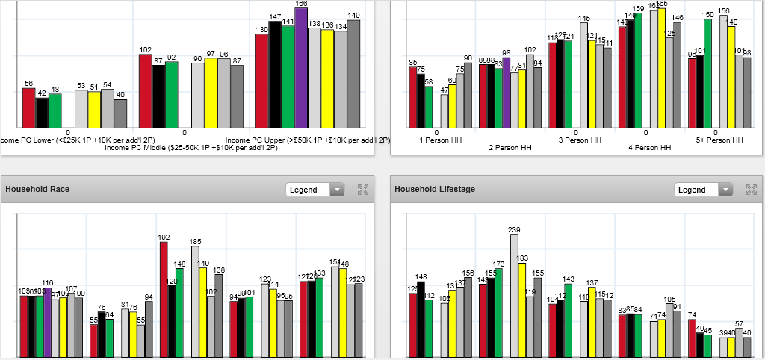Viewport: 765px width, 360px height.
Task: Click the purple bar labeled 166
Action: pos(301,67)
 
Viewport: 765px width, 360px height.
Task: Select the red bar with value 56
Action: pos(29,108)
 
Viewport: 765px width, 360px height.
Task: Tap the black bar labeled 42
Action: pos(42,113)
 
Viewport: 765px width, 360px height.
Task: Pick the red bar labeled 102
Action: pos(146,90)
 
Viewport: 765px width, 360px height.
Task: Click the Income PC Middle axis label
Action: pos(191,148)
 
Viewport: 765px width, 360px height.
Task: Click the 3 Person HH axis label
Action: pos(580,140)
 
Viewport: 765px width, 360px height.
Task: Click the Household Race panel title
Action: pos(37,190)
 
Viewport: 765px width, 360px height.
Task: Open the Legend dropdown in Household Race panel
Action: pos(315,190)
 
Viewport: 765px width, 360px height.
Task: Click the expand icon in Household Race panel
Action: pos(363,190)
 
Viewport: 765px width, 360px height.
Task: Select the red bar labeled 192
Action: pos(164,299)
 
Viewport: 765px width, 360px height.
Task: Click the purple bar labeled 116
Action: pos(47,321)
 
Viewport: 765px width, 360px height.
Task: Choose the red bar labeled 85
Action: pos(413,97)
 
